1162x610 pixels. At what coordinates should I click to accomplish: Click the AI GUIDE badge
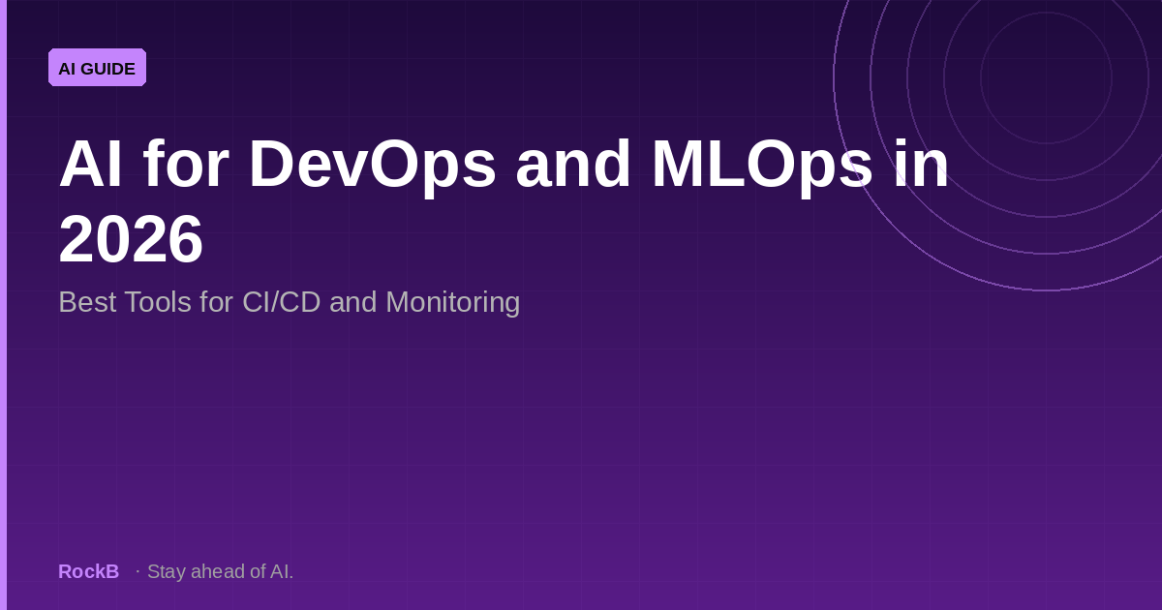(97, 68)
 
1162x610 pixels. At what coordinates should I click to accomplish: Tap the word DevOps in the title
(372, 165)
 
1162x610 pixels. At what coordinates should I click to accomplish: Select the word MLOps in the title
(761, 165)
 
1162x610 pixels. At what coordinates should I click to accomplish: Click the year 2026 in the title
(131, 239)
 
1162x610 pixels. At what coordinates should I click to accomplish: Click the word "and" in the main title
(573, 165)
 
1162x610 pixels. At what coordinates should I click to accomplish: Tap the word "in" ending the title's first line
(921, 165)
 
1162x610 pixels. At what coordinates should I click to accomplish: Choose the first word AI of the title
(91, 165)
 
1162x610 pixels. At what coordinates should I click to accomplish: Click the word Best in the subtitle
(87, 302)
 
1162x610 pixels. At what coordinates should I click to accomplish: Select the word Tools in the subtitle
(158, 302)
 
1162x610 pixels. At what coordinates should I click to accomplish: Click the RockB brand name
(88, 571)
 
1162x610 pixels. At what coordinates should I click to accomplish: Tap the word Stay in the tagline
(167, 571)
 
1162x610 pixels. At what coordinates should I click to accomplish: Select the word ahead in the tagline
(218, 571)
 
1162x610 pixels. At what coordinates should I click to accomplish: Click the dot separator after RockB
(138, 571)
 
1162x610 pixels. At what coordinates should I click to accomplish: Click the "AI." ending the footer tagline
(282, 571)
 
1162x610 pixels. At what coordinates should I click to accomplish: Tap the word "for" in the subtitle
(214, 302)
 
